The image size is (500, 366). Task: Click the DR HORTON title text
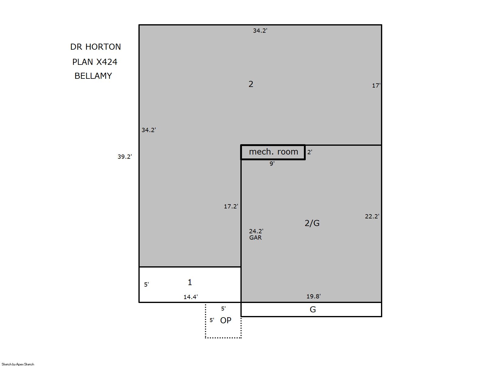coord(96,47)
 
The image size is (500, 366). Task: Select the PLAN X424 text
coord(95,62)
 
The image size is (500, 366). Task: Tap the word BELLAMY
coord(93,76)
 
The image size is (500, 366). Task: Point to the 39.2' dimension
coord(125,157)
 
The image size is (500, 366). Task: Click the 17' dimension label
coord(376,85)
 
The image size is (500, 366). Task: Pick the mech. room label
coord(274,152)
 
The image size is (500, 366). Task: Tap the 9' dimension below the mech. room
coord(272,164)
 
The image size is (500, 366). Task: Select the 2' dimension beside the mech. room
coord(310,152)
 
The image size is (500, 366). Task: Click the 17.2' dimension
coord(231,206)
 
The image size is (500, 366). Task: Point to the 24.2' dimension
coord(256,231)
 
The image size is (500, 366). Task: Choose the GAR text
coord(255,238)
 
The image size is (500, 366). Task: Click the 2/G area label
coord(312,223)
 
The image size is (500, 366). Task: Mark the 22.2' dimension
coord(372,216)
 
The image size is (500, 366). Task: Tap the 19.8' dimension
coord(314,296)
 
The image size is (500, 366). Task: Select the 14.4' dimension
coord(191,297)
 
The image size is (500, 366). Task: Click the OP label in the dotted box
coord(226,320)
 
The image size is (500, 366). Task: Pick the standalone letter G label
coord(313,309)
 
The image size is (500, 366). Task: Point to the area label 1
coord(190,282)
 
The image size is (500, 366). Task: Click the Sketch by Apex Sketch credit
coord(18,364)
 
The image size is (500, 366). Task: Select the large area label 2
coord(251,84)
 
